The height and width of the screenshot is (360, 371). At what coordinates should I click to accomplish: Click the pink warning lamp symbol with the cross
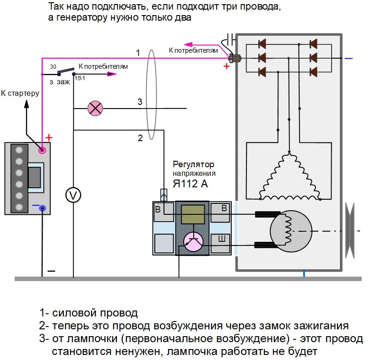pos(95,109)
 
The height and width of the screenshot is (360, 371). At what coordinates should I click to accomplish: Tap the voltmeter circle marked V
pos(73,195)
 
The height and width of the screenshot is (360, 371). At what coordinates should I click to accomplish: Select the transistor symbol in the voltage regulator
pos(193,241)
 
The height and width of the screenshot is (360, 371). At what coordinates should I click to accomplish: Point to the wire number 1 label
pos(138,53)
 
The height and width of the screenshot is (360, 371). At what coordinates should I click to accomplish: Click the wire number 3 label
pos(140,102)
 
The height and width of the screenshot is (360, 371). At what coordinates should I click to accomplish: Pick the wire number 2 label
pos(140,137)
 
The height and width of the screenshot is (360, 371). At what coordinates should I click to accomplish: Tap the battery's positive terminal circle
pos(42,150)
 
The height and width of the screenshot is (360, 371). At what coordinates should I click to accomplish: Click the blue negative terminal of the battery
pos(43,208)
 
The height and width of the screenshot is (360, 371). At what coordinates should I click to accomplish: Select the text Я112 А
pos(190,184)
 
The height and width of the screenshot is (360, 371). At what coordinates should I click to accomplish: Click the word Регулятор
pos(193,164)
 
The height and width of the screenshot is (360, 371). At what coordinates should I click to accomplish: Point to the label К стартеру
pos(20,93)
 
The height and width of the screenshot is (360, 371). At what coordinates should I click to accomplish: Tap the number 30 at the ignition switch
pos(53,67)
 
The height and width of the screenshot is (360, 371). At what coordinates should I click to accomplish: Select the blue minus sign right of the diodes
pos(349,59)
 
